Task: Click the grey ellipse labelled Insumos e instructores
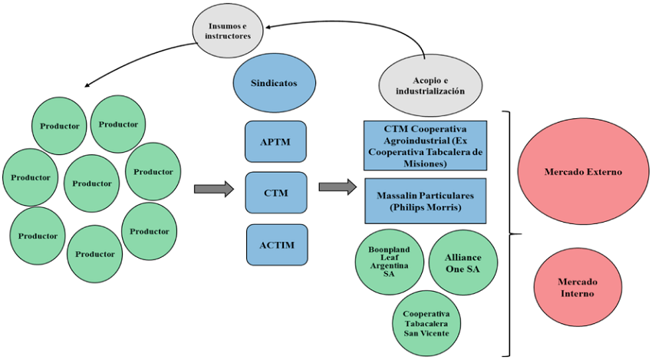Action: pyautogui.click(x=229, y=31)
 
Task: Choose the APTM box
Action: pyautogui.click(x=276, y=141)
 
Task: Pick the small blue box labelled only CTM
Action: pyautogui.click(x=276, y=193)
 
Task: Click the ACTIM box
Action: pyautogui.click(x=276, y=244)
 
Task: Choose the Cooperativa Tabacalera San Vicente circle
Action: pyautogui.click(x=426, y=324)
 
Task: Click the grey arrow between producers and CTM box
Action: pyautogui.click(x=213, y=189)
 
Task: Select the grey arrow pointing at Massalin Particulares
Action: pyautogui.click(x=338, y=187)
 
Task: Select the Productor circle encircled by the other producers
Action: pyautogui.click(x=92, y=183)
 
